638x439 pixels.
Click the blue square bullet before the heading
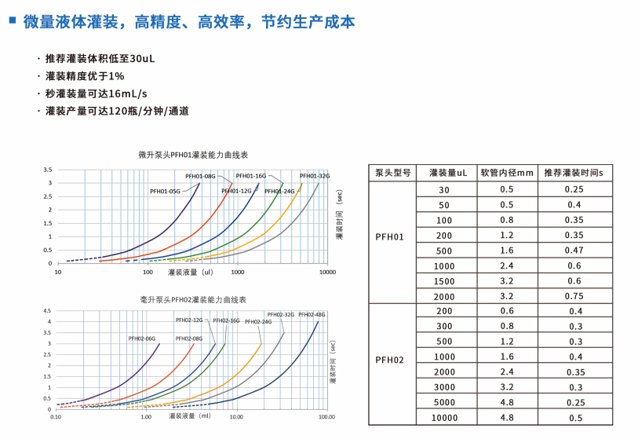(x=12, y=21)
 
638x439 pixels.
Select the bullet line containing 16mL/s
(x=96, y=93)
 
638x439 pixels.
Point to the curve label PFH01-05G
(x=166, y=191)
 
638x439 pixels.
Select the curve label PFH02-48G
(x=312, y=314)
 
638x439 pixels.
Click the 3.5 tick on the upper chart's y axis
(x=48, y=170)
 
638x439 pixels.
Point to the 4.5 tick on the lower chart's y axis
(x=48, y=310)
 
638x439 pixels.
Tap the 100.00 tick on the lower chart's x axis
(x=326, y=417)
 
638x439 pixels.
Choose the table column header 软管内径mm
(x=506, y=173)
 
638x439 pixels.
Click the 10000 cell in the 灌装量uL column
(x=444, y=417)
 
